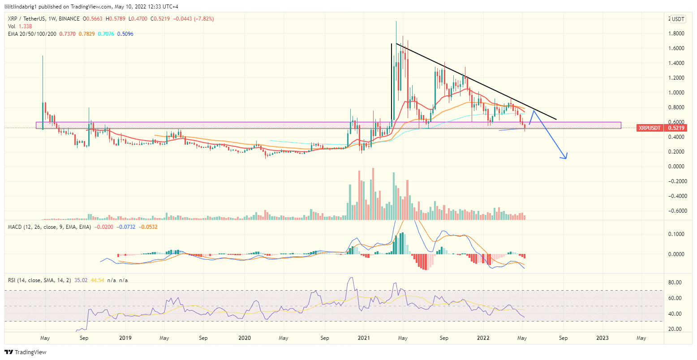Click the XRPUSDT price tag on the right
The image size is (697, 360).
pos(650,128)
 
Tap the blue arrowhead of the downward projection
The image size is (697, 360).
pos(565,156)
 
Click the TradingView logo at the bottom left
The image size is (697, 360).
pos(26,352)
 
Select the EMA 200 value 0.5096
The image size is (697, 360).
pos(125,34)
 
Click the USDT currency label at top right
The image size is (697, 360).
pos(678,19)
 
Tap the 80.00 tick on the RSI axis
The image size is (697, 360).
pos(675,283)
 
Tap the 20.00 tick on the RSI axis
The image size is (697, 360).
pos(675,329)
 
